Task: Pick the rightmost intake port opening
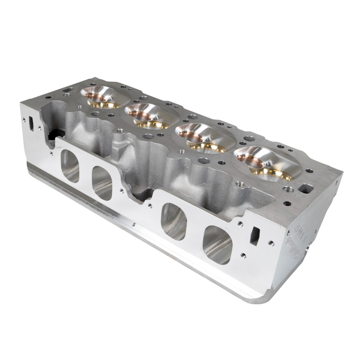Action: tap(218, 245)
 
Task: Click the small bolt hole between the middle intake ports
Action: tap(150, 205)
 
